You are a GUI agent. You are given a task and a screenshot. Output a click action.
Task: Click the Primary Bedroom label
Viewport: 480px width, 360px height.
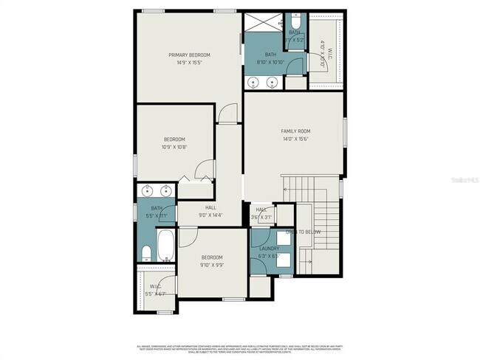189,55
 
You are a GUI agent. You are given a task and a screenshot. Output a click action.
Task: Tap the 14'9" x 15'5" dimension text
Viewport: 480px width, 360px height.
189,63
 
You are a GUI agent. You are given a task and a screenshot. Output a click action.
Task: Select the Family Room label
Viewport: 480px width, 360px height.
295,131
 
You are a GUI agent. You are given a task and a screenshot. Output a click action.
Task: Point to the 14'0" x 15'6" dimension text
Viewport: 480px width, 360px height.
295,139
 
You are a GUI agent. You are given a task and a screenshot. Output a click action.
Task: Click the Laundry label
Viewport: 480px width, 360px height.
268,249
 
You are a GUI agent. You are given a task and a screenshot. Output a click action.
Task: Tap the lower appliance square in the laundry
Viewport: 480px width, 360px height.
284,260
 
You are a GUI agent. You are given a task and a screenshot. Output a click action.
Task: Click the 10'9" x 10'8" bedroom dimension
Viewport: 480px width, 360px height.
174,147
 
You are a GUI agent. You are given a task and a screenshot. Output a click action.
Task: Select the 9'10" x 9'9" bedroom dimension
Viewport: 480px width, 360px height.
211,265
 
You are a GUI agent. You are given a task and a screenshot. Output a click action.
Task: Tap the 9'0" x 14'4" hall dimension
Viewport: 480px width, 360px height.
210,215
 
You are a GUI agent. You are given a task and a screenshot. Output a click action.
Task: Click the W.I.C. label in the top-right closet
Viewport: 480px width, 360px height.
330,53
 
